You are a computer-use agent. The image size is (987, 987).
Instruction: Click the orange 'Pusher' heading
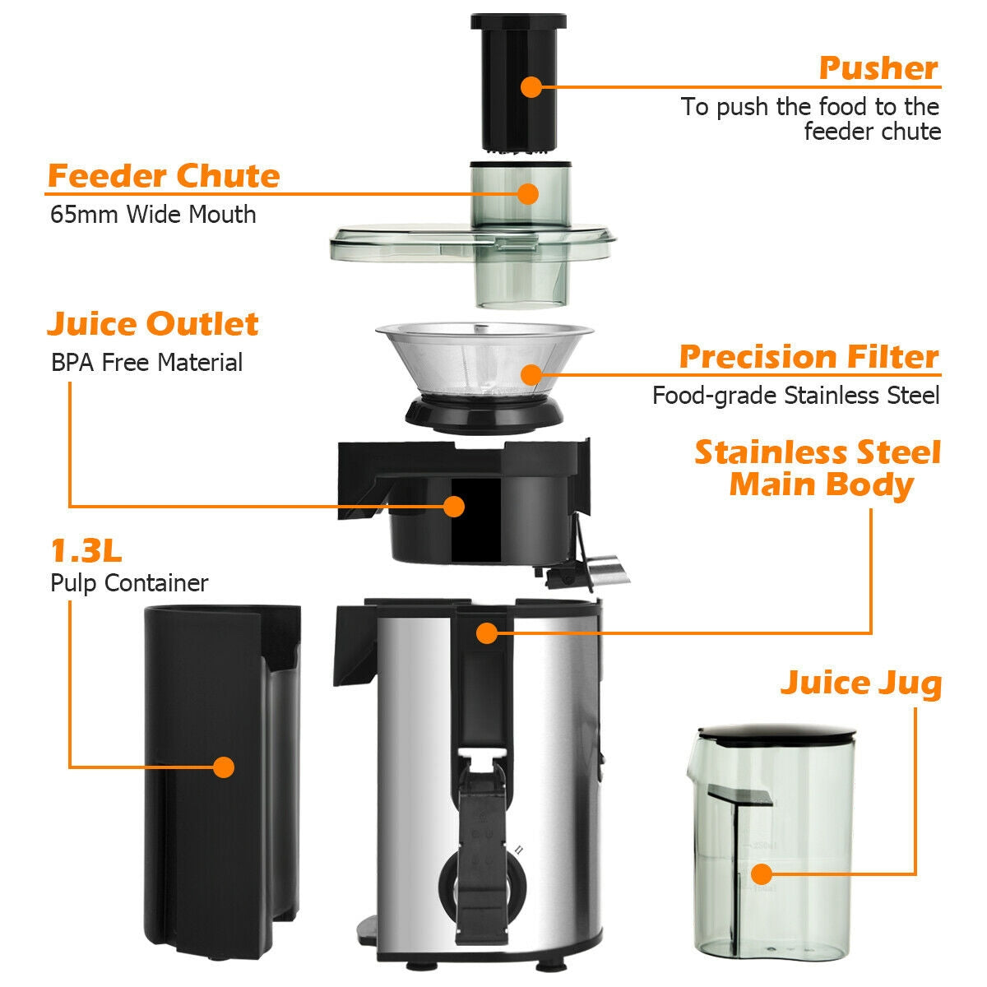(878, 68)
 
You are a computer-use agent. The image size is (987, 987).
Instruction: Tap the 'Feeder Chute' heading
(163, 176)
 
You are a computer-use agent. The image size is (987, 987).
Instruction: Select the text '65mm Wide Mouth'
(153, 215)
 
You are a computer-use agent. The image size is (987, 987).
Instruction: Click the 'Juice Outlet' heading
(152, 323)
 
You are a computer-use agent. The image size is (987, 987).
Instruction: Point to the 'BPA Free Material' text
(146, 363)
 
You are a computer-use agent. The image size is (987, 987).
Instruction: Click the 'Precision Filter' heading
(809, 357)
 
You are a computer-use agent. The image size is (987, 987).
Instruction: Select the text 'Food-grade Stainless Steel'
(795, 396)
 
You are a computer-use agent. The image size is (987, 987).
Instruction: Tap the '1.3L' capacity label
(86, 549)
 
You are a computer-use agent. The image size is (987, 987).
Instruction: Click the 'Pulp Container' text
(129, 583)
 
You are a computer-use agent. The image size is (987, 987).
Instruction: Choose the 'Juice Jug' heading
(860, 683)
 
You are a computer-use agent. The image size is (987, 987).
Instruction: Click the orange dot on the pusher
(531, 86)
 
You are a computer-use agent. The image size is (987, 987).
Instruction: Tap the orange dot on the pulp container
(223, 767)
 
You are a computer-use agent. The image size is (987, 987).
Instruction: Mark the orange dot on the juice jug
(762, 874)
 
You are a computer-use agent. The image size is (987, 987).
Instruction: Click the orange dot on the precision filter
(531, 376)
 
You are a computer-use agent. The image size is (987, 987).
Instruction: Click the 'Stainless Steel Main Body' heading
(818, 468)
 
